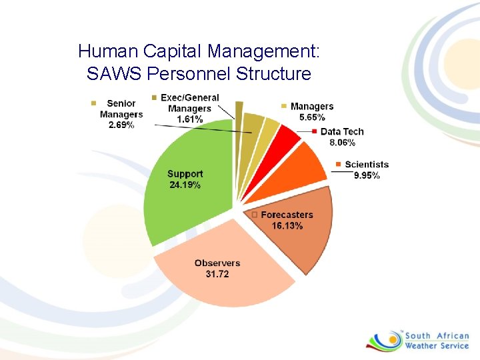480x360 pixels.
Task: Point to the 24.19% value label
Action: coord(185,185)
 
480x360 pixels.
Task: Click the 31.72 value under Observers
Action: coord(217,274)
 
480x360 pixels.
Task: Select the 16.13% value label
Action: coord(287,226)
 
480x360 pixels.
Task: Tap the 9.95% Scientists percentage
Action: coord(367,176)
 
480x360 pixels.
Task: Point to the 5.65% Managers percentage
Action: coord(313,117)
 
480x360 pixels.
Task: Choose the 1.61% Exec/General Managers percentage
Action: coord(189,119)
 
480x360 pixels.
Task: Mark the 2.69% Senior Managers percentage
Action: coord(121,125)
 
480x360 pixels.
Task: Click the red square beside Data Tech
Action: coord(314,131)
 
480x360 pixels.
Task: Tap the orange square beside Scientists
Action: coord(339,165)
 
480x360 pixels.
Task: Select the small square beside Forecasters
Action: coord(254,215)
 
